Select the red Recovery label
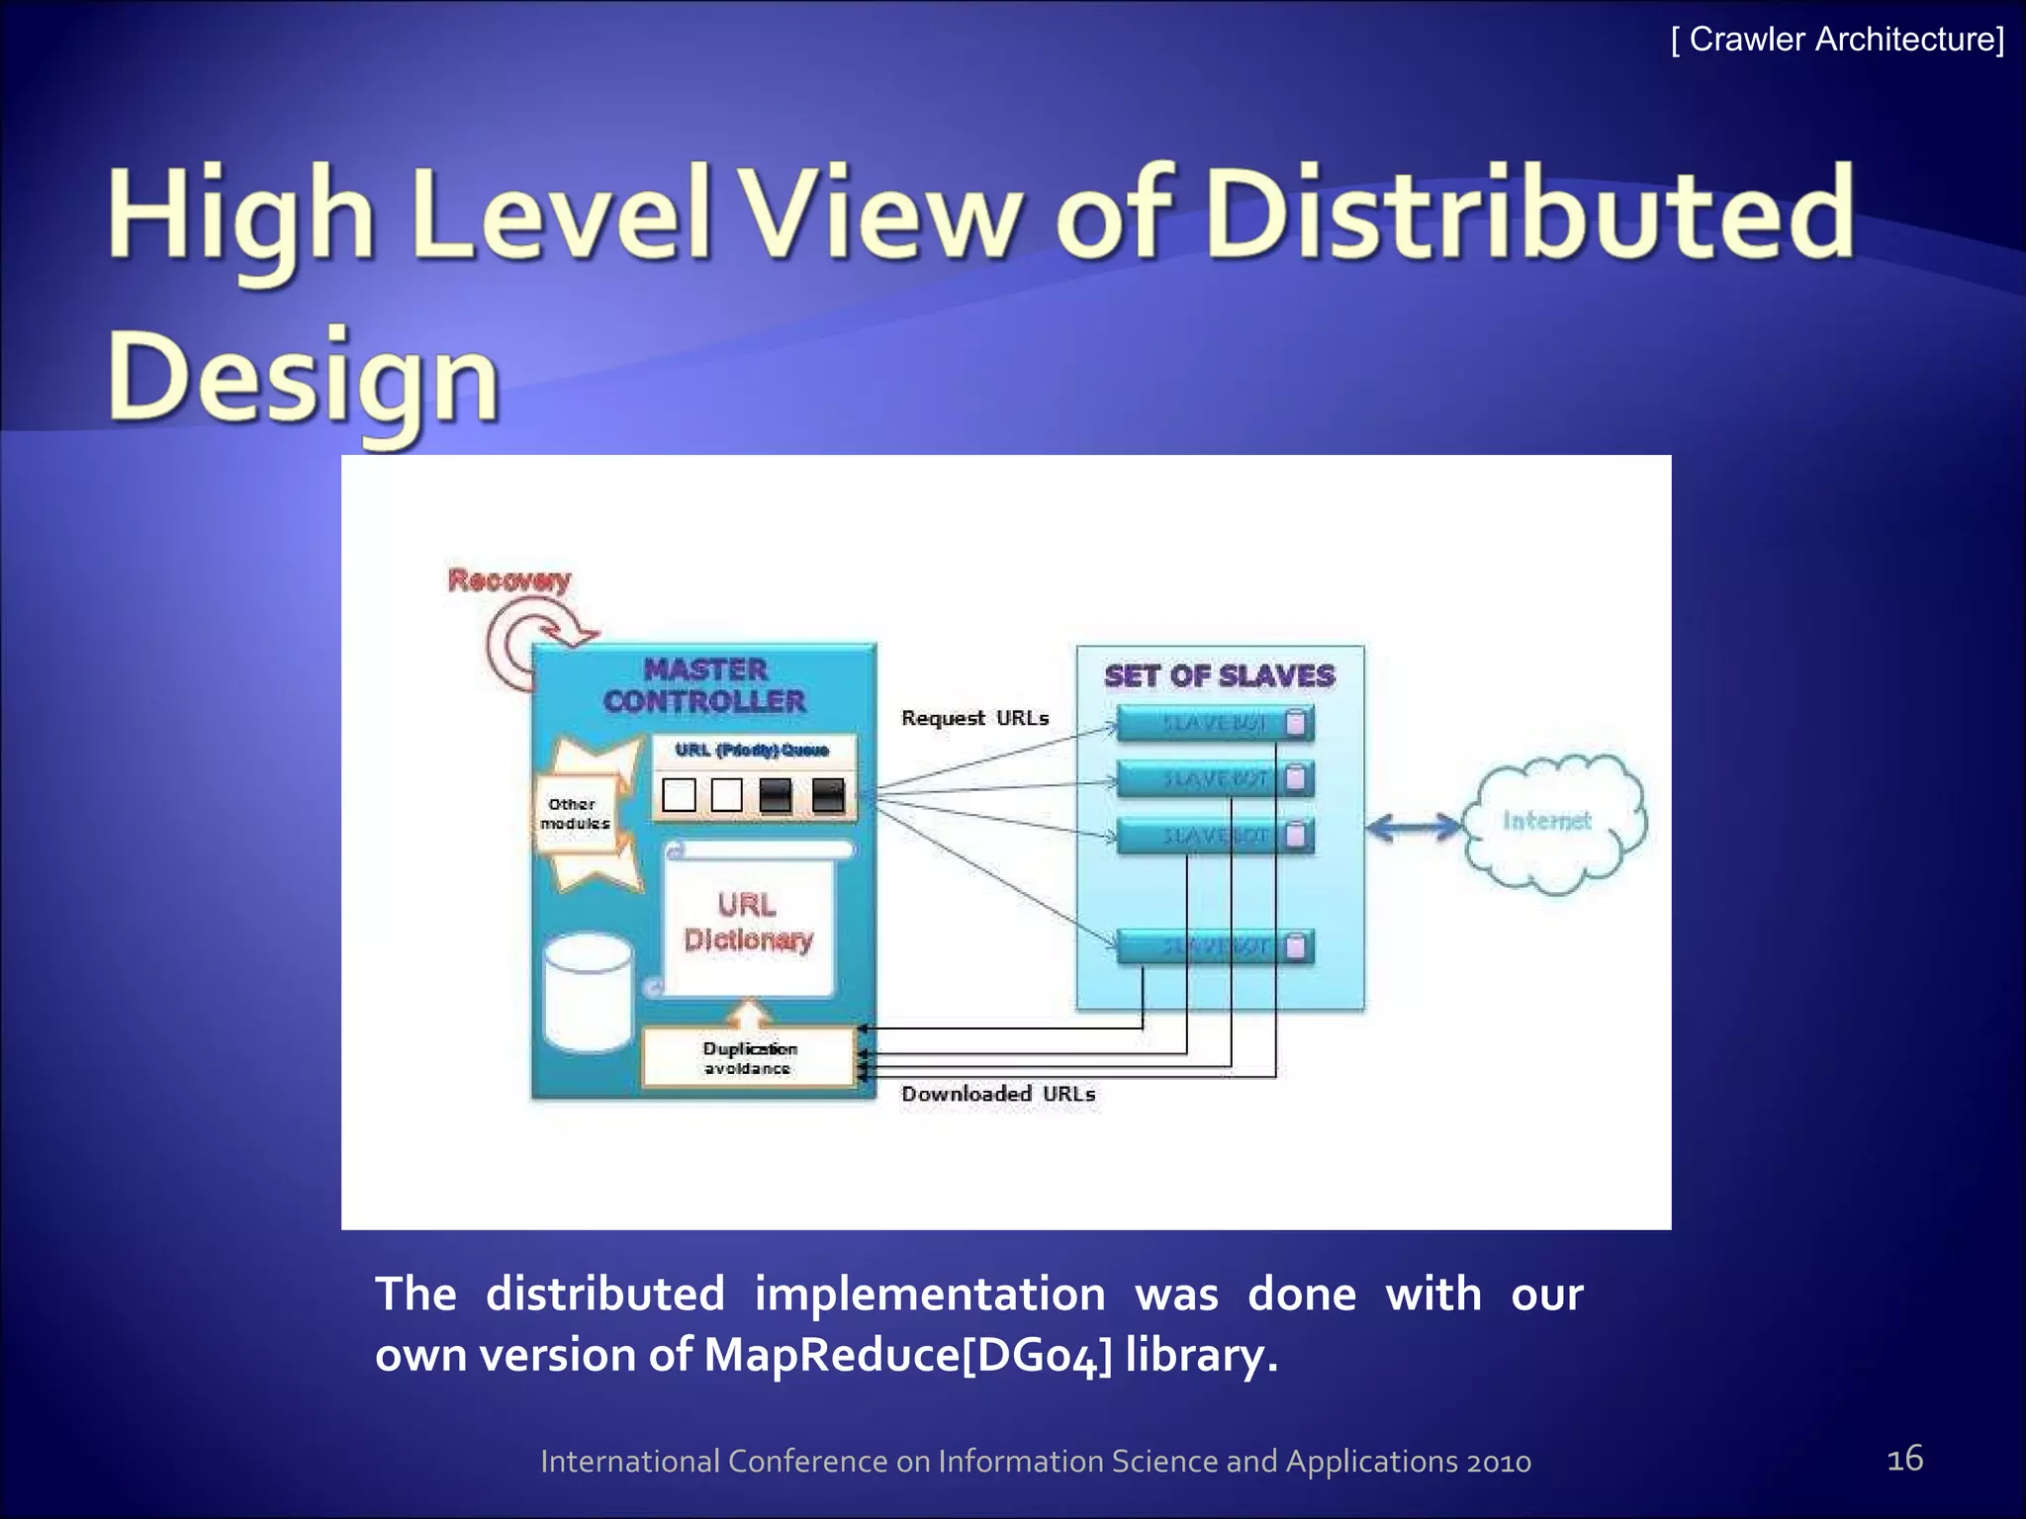[509, 580]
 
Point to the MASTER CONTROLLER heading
[705, 685]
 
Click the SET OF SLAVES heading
[1220, 676]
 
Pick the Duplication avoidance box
[749, 1057]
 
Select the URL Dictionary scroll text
[748, 922]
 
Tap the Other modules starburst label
[575, 814]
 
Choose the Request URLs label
[974, 718]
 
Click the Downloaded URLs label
[998, 1094]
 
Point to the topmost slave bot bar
[1215, 723]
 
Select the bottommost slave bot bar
[1215, 947]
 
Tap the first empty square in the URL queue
[679, 794]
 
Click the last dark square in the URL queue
[827, 794]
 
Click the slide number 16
[1904, 1459]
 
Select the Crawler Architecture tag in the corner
[1837, 40]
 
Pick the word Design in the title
[304, 381]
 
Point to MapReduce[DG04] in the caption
[907, 1355]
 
